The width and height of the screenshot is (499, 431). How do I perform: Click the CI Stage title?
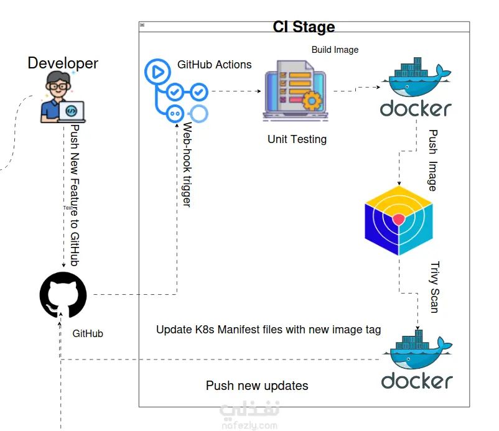(304, 27)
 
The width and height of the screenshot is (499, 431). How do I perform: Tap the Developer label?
(63, 63)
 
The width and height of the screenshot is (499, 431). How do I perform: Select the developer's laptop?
(71, 111)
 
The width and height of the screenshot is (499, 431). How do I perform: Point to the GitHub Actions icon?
(176, 91)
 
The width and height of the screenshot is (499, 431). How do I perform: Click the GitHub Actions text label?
(215, 64)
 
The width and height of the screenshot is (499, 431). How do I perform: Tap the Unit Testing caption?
(297, 139)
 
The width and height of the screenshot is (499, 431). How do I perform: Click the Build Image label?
(335, 50)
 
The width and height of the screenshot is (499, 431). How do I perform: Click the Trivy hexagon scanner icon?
(398, 220)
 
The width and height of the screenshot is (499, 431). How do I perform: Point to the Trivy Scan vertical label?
(434, 286)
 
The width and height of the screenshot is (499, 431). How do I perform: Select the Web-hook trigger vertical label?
(186, 165)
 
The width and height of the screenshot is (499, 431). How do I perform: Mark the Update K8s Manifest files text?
(268, 329)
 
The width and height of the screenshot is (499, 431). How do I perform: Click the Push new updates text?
(257, 386)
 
